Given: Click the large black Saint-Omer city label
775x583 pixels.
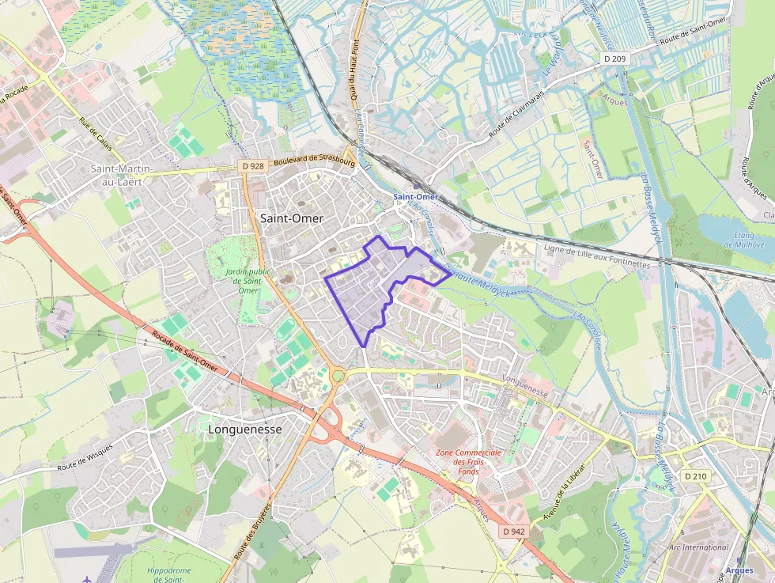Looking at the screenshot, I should point(290,218).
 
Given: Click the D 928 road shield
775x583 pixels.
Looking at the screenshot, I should point(252,166).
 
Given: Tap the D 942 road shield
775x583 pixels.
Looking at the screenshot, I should point(513,532).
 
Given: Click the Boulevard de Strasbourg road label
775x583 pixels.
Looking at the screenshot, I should point(314,159).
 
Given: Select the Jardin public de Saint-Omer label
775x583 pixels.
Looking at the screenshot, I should point(242,281).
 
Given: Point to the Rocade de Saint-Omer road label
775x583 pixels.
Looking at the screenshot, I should point(185,352).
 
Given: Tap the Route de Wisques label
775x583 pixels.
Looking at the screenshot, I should point(84,460).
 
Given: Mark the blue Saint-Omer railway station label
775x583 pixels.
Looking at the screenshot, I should point(416,196).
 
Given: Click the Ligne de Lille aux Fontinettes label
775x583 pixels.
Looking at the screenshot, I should point(597,256).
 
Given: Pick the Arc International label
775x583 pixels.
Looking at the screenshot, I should point(698,547).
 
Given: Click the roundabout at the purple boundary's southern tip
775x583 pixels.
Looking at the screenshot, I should point(338,376).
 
